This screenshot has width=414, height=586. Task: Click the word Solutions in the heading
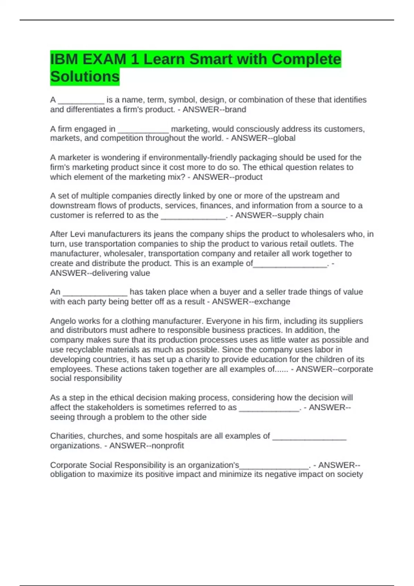tap(85, 77)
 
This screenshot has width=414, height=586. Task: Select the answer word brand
tap(236, 110)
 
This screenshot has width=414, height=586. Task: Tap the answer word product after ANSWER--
tap(248, 177)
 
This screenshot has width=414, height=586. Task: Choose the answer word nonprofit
tap(167, 446)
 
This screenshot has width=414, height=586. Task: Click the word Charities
tap(67, 436)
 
